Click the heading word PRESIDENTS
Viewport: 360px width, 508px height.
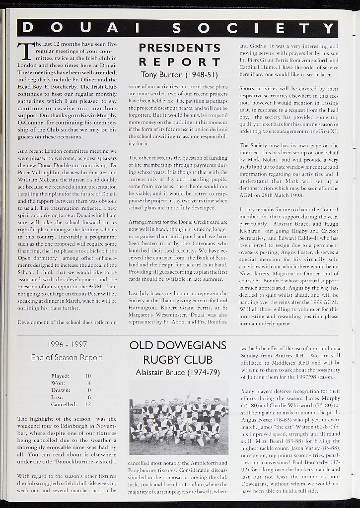pyautogui.click(x=179, y=48)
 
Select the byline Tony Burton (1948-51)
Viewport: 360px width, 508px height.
pyautogui.click(x=179, y=75)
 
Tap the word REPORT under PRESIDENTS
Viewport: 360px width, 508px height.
pyautogui.click(x=179, y=62)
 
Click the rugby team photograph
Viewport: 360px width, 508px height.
pyautogui.click(x=179, y=417)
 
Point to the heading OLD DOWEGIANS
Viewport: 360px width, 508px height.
pyautogui.click(x=178, y=346)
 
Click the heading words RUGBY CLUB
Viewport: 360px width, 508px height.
pyautogui.click(x=178, y=360)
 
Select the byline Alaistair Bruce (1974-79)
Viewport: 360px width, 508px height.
pyautogui.click(x=178, y=373)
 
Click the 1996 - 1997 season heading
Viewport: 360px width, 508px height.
pyautogui.click(x=67, y=344)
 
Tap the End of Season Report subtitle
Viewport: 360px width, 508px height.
pyautogui.click(x=67, y=357)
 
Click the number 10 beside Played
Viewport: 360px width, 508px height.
pyautogui.click(x=88, y=376)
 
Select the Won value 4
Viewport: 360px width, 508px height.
pyautogui.click(x=89, y=383)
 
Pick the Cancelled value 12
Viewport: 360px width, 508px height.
pyautogui.click(x=88, y=404)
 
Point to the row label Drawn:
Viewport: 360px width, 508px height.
pyautogui.click(x=61, y=390)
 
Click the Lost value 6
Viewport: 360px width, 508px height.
pyautogui.click(x=89, y=397)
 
